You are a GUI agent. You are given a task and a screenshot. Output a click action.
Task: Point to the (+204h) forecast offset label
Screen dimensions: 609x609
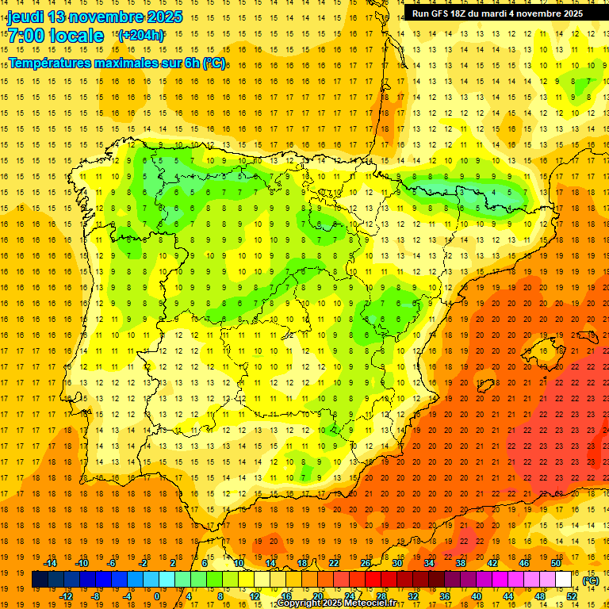(140, 36)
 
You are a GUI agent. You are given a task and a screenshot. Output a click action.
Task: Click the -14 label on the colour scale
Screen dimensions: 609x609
(50, 563)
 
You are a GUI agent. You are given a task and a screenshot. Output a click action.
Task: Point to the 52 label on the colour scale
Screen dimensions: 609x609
(571, 596)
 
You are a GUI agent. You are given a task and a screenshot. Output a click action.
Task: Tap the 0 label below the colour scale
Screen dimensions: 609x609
(156, 596)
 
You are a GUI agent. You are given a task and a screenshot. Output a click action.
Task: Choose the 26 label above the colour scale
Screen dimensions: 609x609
(366, 563)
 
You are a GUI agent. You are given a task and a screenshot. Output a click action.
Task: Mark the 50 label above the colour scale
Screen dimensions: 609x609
(555, 563)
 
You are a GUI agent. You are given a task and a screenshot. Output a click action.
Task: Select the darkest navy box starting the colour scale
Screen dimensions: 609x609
(40, 580)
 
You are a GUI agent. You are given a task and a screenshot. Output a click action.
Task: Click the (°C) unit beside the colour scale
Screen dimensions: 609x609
(591, 580)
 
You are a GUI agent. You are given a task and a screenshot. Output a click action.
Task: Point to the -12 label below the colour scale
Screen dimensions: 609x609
(66, 596)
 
